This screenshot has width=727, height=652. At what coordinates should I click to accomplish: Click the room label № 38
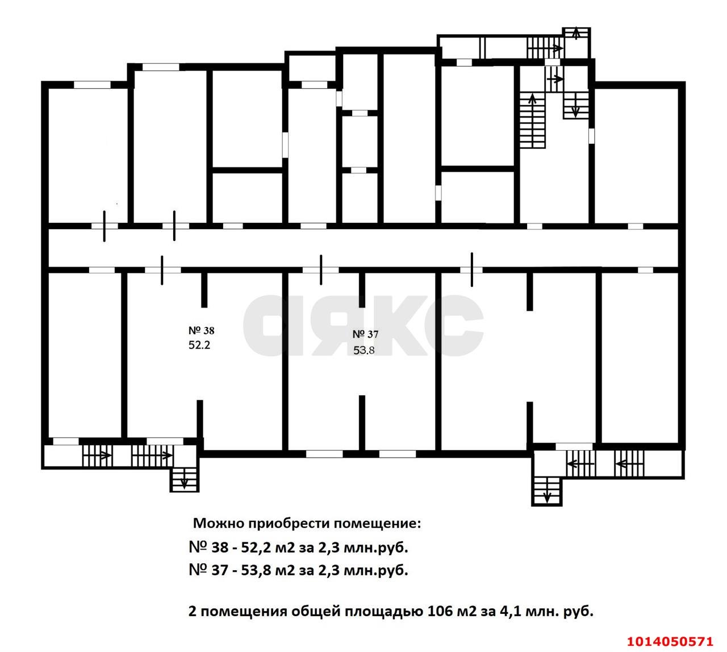(x=200, y=330)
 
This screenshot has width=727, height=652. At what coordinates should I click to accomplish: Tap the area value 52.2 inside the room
(x=199, y=345)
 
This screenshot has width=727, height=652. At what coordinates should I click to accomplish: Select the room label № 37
(x=365, y=334)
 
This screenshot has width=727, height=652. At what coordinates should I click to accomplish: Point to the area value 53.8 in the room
(x=364, y=350)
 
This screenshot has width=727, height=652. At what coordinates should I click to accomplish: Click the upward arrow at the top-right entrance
(x=576, y=33)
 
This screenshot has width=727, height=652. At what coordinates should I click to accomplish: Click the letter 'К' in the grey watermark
(x=394, y=326)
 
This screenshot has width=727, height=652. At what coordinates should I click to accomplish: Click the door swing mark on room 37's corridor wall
(x=321, y=269)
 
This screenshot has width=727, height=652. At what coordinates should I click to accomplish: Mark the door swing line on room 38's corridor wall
(x=162, y=269)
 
